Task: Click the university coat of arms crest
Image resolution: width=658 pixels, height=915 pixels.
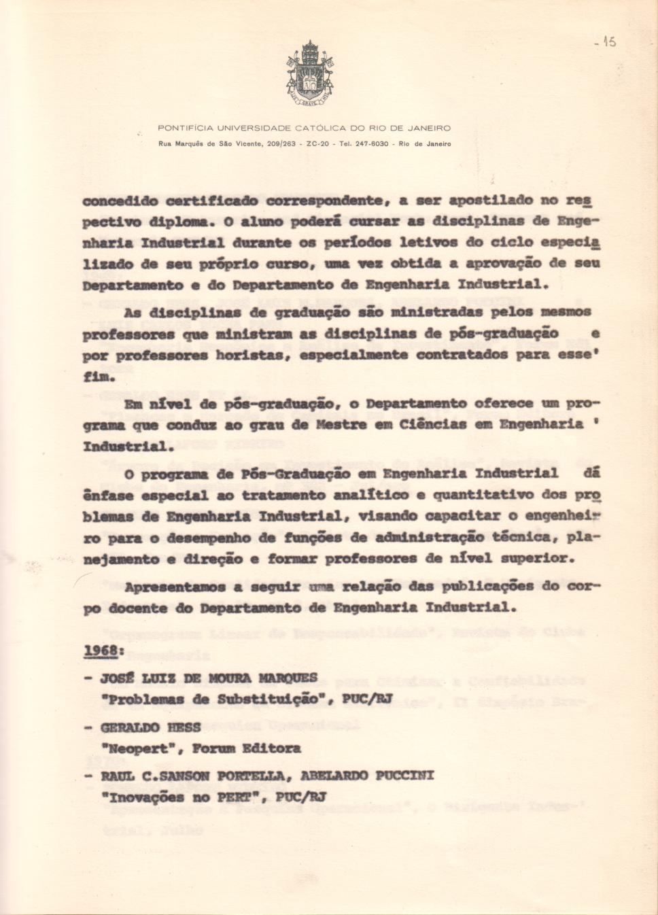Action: click(x=309, y=73)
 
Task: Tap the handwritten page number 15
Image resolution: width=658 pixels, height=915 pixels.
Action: click(x=606, y=42)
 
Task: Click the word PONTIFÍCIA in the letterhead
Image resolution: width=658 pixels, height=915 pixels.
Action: click(x=186, y=128)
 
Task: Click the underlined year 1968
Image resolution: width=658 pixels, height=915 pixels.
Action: click(x=102, y=651)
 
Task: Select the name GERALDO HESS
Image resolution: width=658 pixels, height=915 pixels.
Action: click(x=150, y=727)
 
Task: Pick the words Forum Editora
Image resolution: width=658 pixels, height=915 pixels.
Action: click(x=247, y=748)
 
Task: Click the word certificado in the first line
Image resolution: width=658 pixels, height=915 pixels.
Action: click(x=211, y=201)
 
